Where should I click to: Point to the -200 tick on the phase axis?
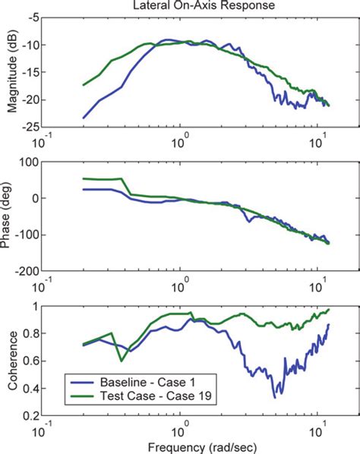tap(27, 271)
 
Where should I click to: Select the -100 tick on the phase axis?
tap(27, 235)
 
